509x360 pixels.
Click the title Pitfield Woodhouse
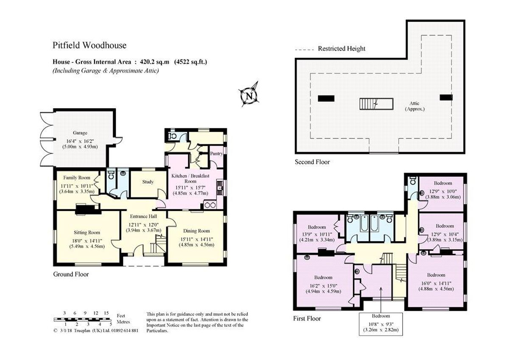point(89,45)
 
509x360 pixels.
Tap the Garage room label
point(80,133)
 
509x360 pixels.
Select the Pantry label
point(216,154)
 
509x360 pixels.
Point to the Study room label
point(148,182)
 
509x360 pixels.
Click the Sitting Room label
point(87,232)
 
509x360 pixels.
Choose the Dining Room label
point(196,231)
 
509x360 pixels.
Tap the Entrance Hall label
point(143,216)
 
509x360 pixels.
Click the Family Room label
point(77,177)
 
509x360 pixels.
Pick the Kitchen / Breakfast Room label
point(190,179)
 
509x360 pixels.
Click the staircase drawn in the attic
point(376,104)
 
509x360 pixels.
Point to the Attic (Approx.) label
point(415,106)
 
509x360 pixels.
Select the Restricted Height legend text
point(341,49)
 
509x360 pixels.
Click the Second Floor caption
point(312,162)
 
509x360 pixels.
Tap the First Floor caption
point(307,318)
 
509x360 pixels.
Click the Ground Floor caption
point(71,274)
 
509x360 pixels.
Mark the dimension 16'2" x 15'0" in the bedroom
point(323,286)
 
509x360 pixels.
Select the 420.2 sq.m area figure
point(154,62)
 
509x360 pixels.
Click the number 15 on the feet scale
point(106,313)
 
